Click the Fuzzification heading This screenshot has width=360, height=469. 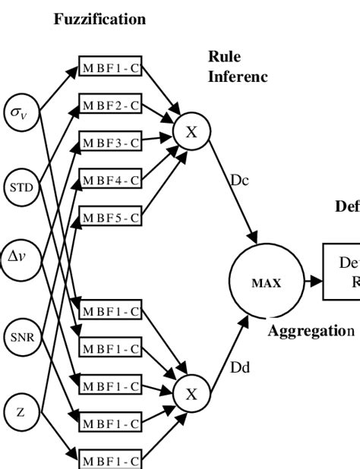[x=99, y=20]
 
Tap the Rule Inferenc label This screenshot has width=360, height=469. [x=237, y=67]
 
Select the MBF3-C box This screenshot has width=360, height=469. [x=110, y=142]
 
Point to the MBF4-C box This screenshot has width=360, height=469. [x=110, y=180]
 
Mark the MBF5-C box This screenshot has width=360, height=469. [x=110, y=218]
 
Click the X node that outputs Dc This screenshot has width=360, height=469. [x=191, y=132]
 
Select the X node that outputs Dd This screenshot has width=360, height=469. [x=191, y=394]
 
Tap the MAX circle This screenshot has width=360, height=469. [x=266, y=282]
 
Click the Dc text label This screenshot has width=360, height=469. [x=239, y=181]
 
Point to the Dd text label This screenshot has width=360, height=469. [x=239, y=367]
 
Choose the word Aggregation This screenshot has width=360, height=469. [x=311, y=331]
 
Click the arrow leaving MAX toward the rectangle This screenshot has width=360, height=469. [x=313, y=282]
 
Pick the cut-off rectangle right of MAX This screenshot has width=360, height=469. [x=341, y=272]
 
